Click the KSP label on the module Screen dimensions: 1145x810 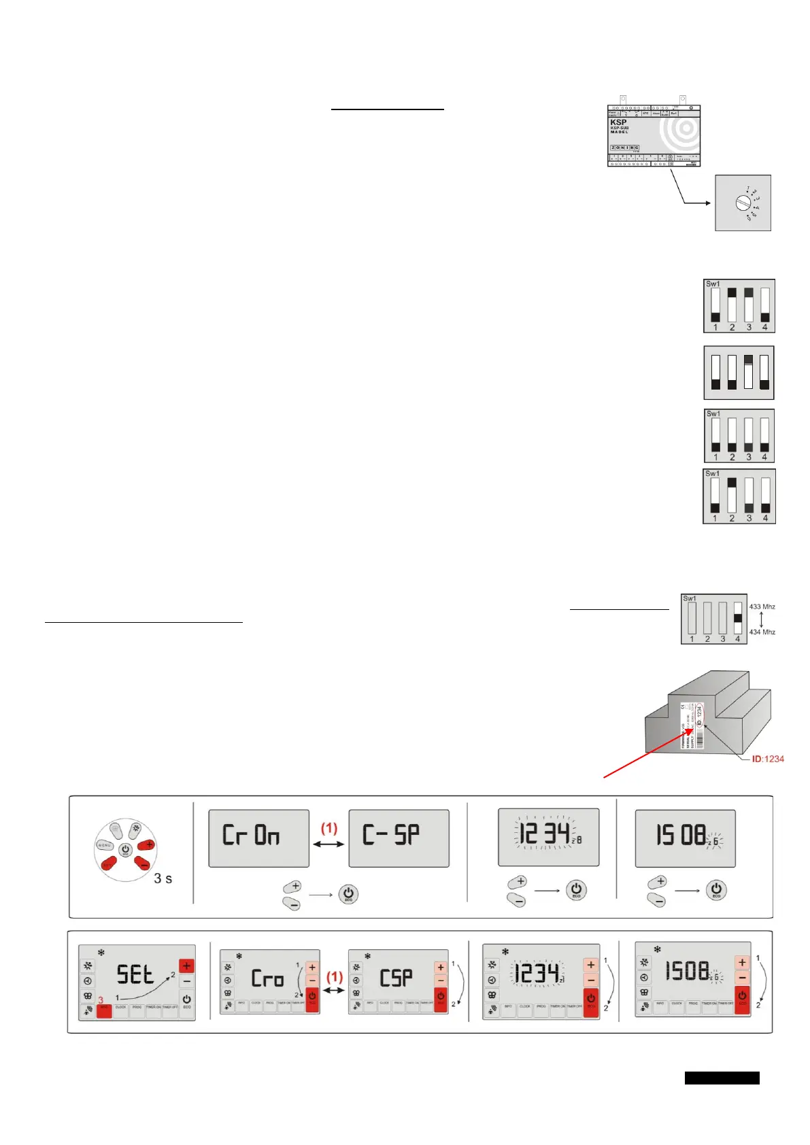[x=618, y=122]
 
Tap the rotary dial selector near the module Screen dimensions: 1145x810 [x=743, y=203]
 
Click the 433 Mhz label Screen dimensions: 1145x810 [x=762, y=606]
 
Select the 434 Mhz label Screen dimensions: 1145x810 [x=762, y=632]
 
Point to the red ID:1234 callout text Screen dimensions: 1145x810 [x=768, y=759]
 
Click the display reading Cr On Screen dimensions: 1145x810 [x=258, y=838]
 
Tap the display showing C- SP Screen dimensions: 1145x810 [x=399, y=838]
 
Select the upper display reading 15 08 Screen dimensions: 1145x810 [x=685, y=838]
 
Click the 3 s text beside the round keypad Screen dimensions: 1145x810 [x=163, y=878]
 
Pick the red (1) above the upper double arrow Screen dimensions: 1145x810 [x=329, y=827]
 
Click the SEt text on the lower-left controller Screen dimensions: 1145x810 [x=135, y=975]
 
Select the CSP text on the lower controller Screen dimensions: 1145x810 [x=396, y=978]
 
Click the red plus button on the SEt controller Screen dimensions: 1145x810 [x=186, y=966]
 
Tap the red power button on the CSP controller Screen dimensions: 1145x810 [x=440, y=997]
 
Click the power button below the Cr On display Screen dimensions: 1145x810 [x=348, y=894]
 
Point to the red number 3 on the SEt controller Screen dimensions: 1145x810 [x=101, y=1000]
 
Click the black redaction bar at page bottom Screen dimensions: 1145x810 [x=722, y=1078]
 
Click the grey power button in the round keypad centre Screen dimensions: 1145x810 [x=125, y=850]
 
